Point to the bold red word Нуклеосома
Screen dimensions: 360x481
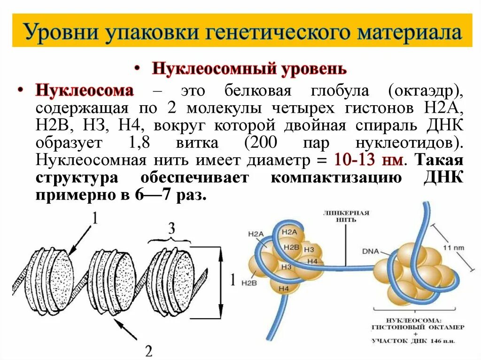pyautogui.click(x=85, y=90)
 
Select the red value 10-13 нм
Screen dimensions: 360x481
pyautogui.click(x=368, y=160)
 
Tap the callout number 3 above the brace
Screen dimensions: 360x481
pyautogui.click(x=171, y=229)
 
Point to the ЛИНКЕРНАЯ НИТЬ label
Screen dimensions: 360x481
pyautogui.click(x=346, y=216)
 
